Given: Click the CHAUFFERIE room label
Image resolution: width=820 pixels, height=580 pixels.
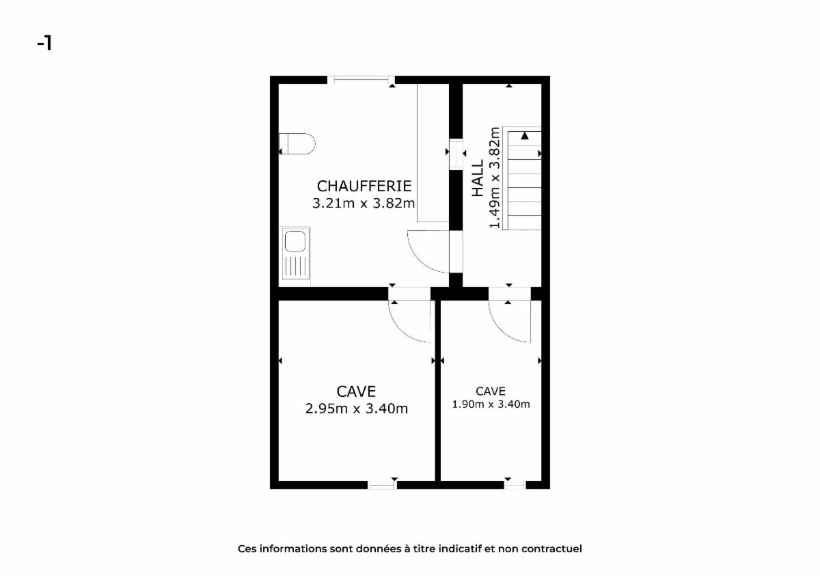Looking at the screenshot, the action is pyautogui.click(x=364, y=187).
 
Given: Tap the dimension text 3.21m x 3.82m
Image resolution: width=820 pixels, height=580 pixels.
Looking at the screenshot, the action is pyautogui.click(x=364, y=203).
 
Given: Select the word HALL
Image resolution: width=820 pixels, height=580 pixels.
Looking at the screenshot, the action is pyautogui.click(x=478, y=178).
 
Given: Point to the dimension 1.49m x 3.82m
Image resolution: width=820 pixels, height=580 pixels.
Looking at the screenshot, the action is pyautogui.click(x=495, y=178).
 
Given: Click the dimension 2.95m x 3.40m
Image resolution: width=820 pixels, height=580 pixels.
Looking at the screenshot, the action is pyautogui.click(x=357, y=409).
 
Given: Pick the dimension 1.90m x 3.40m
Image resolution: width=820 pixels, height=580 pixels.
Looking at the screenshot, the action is pyautogui.click(x=491, y=404).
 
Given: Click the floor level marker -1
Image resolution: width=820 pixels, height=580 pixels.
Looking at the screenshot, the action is pyautogui.click(x=44, y=43).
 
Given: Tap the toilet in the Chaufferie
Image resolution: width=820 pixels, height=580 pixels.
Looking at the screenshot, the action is pyautogui.click(x=297, y=143).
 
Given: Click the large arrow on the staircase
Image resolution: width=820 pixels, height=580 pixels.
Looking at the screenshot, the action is pyautogui.click(x=525, y=136).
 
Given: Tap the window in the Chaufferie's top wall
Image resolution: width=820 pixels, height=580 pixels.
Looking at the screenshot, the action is pyautogui.click(x=361, y=80).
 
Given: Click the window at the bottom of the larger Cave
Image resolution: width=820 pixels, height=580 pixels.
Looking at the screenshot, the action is pyautogui.click(x=382, y=485).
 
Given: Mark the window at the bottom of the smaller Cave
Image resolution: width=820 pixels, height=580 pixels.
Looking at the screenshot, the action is pyautogui.click(x=515, y=485).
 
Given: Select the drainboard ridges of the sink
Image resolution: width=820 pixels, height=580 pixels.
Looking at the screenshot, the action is pyautogui.click(x=295, y=266).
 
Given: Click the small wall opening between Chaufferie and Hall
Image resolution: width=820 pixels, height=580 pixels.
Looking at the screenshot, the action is pyautogui.click(x=456, y=154).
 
